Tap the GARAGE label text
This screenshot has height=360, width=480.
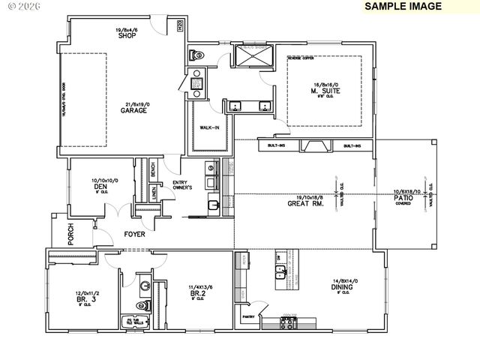click(133, 111)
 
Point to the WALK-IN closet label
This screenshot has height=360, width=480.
click(209, 127)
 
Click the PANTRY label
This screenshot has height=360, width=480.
click(249, 317)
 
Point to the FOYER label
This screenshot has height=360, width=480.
click(134, 235)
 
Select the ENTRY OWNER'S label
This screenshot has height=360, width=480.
click(183, 184)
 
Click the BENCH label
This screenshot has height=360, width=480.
click(152, 170)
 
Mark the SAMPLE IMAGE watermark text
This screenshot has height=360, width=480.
click(403, 6)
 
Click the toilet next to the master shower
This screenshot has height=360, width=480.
click(197, 55)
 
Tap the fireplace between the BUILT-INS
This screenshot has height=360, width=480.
click(316, 146)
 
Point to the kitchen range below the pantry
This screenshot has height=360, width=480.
click(289, 323)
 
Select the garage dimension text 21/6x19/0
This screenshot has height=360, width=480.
click(134, 103)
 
